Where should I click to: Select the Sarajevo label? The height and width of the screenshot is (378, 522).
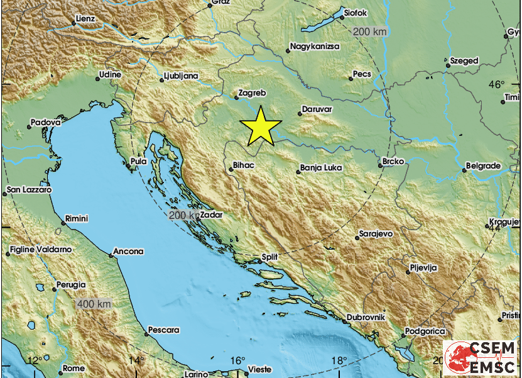376,233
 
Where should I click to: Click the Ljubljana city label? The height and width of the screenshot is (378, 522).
181,76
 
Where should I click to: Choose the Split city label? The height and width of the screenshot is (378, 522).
270,257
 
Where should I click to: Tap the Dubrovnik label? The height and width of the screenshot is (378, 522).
367,318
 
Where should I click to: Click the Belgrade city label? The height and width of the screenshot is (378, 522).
484,166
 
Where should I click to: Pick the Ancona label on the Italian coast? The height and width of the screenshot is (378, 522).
129,252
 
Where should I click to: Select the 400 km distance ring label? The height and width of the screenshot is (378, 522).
95,304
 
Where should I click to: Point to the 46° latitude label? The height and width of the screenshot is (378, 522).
497,85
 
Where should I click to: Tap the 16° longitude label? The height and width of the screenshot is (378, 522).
237,360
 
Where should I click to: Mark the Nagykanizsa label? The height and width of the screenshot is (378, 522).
315,47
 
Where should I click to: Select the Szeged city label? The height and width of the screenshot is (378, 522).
464,61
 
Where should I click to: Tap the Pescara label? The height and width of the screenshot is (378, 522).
165,330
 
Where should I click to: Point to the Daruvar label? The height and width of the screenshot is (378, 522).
317,109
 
